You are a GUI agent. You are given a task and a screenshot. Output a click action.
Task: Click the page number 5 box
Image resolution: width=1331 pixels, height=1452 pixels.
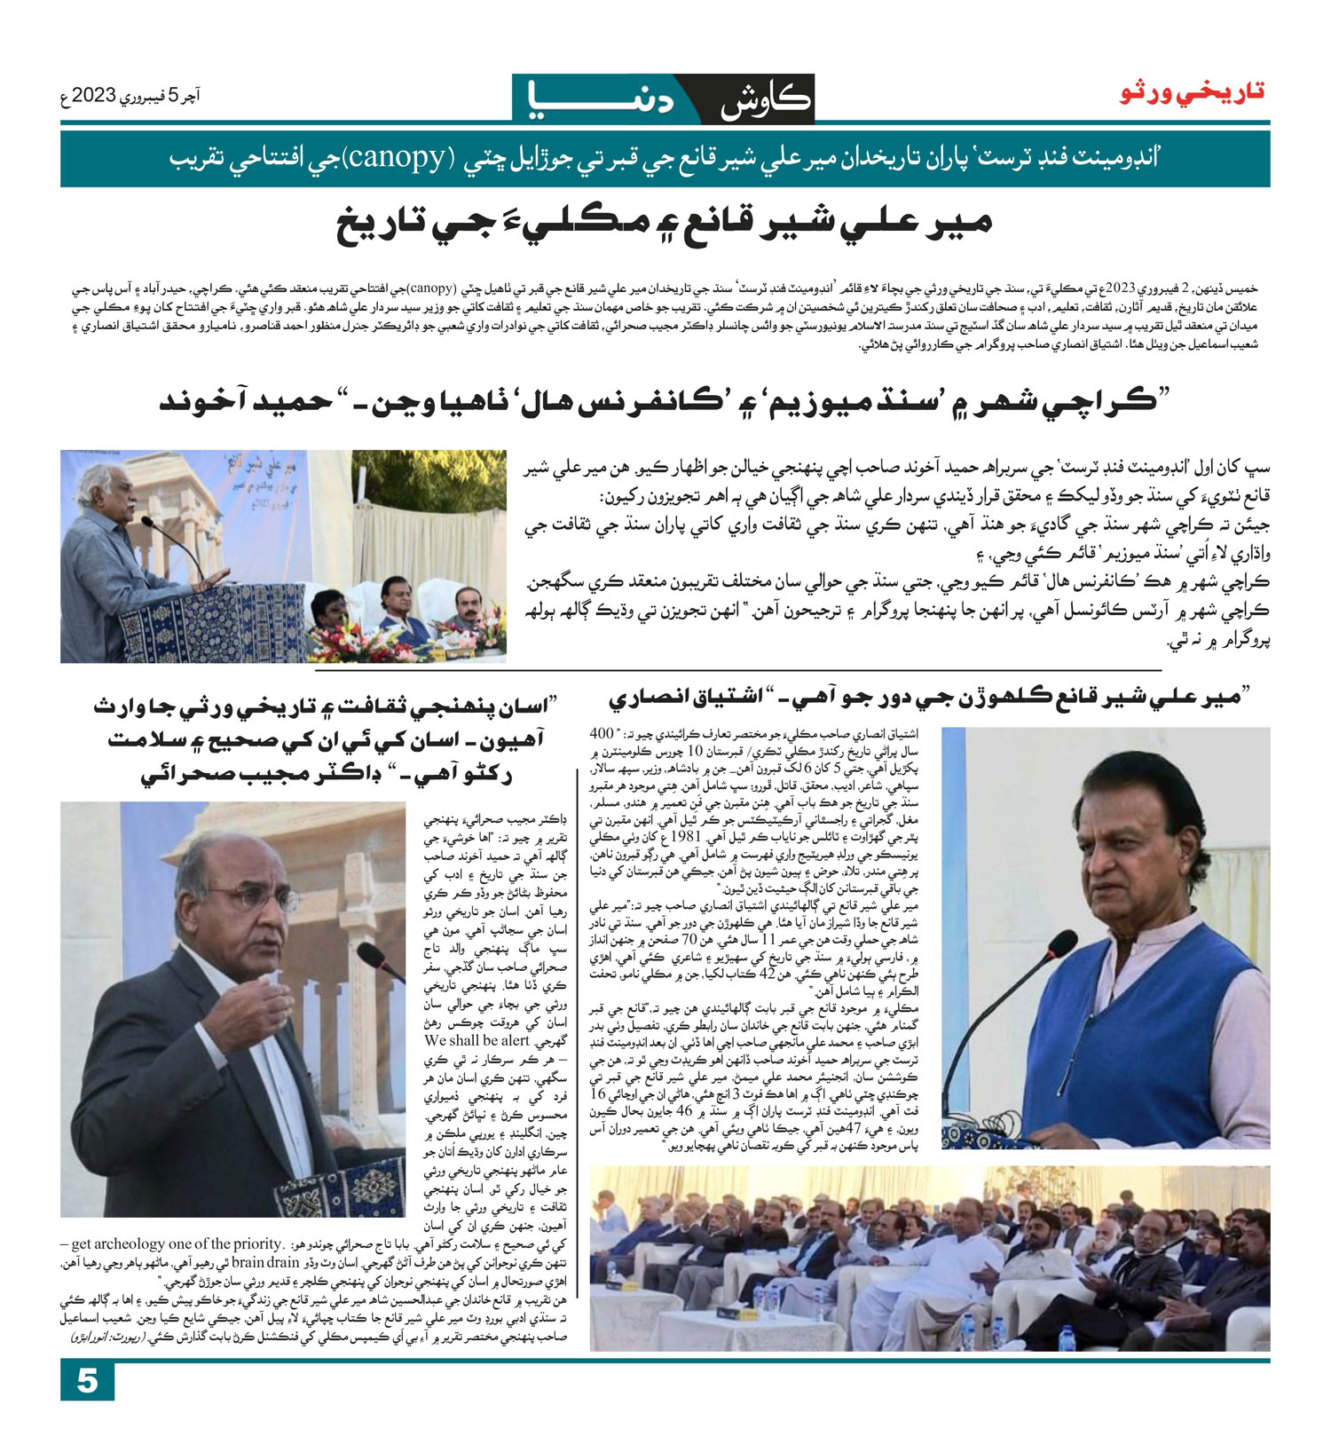pos(87,1381)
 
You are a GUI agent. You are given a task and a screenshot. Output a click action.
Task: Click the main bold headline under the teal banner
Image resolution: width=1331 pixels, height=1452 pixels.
pos(664,225)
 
